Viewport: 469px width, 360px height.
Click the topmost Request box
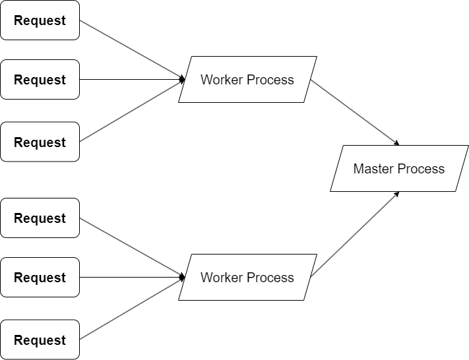pos(40,20)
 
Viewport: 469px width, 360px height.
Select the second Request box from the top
pos(40,80)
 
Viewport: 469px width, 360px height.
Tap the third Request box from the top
pos(40,142)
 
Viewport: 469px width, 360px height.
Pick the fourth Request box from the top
pos(40,218)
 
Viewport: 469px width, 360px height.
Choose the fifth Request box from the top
pos(40,278)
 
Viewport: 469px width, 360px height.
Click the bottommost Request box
pos(40,340)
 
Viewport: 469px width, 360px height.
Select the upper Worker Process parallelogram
pos(247,80)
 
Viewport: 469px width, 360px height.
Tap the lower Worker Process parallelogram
pos(247,278)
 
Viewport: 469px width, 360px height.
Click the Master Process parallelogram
pos(399,169)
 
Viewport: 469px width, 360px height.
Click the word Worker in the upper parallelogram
pos(222,80)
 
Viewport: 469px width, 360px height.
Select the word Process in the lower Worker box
pos(270,278)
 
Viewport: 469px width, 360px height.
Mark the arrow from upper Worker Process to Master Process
pos(355,113)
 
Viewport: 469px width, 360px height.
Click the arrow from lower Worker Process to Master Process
pos(355,234)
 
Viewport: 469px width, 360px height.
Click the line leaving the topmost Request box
pos(131,50)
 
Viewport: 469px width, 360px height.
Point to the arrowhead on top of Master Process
pos(396,143)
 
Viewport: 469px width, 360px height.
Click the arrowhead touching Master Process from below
pos(396,194)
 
